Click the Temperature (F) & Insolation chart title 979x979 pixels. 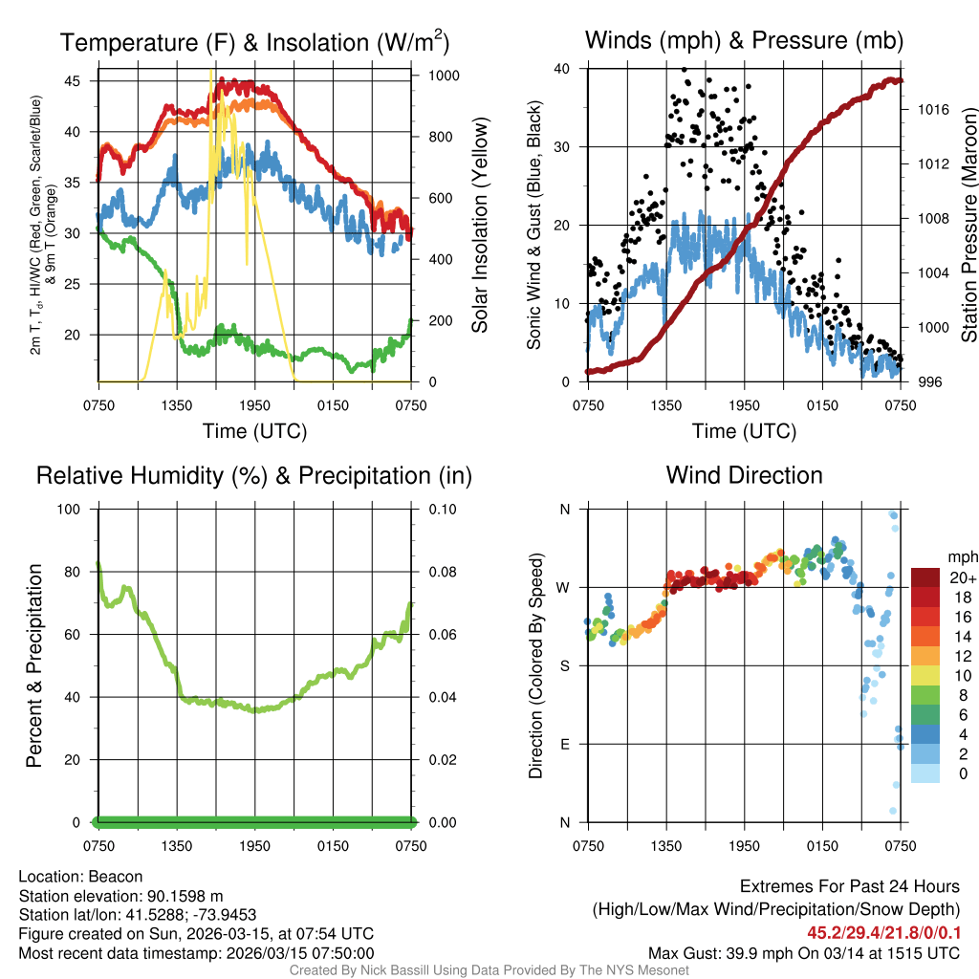[254, 42]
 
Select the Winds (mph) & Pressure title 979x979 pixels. [744, 40]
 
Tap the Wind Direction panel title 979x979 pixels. [744, 475]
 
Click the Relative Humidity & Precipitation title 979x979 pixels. [254, 475]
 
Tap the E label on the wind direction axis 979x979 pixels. [564, 744]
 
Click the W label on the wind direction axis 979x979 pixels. [564, 587]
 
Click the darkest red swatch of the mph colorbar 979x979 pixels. [925, 578]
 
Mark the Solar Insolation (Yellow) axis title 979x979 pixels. [479, 226]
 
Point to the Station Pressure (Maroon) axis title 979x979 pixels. [968, 226]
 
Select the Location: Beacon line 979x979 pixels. [80, 877]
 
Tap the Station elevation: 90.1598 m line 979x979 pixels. [120, 896]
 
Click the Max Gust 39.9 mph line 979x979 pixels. [803, 952]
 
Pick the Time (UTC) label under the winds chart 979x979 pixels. [744, 431]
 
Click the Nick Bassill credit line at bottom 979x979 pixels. [489, 970]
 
